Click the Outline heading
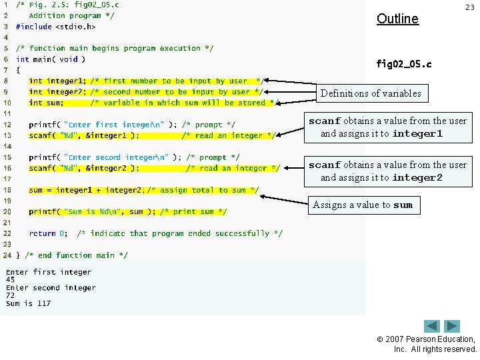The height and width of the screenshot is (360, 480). pos(397,19)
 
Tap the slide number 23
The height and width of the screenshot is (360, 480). pos(469,7)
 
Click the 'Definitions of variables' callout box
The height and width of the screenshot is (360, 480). pos(371,93)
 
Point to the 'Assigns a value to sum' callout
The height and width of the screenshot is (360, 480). pos(363,205)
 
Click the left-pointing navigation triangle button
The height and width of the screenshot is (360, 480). pos(432,327)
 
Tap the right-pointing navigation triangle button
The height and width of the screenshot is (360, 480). pos(453,327)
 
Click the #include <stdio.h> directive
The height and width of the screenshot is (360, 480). pos(55,27)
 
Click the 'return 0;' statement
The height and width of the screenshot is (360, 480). pos(47,233)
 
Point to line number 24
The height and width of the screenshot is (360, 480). pos(7,255)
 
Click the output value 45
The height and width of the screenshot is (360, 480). pos(11,280)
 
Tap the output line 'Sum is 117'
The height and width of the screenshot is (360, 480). pos(28,304)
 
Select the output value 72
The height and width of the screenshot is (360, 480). pos(11,296)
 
